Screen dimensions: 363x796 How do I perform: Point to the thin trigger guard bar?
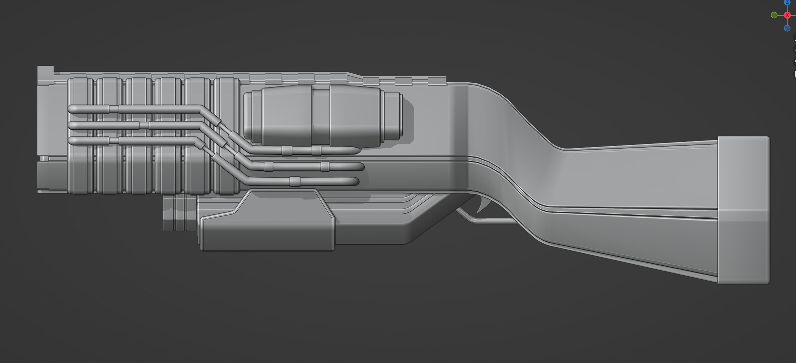point(491,221)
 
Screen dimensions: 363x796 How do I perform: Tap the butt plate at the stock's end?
point(743,210)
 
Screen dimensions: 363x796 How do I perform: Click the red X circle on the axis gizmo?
point(787,15)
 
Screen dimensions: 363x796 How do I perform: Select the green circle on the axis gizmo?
point(774,15)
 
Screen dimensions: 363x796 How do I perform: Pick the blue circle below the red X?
point(787,28)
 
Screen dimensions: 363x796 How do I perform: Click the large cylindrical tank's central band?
point(321,116)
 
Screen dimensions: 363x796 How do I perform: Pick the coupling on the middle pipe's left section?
point(144,125)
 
